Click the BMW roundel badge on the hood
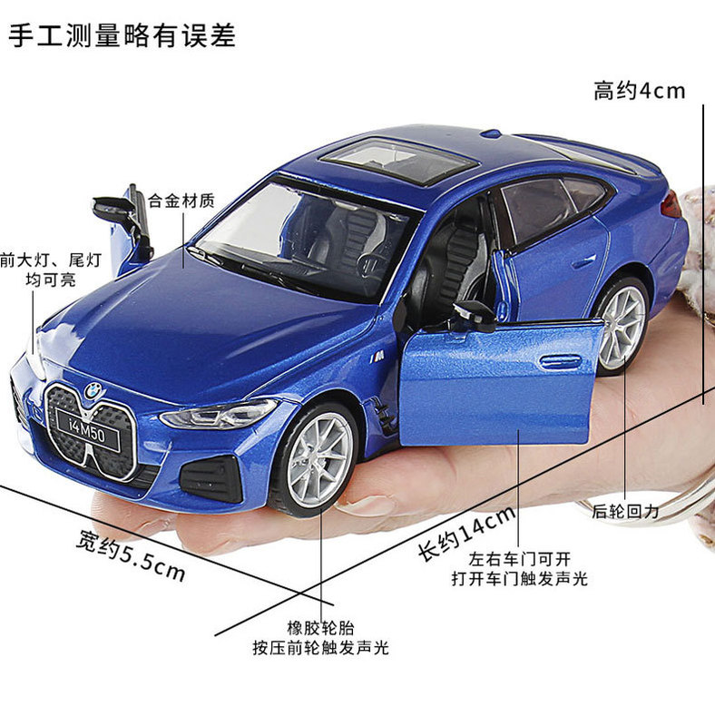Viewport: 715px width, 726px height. tap(94, 391)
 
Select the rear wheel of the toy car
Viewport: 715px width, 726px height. tap(622, 327)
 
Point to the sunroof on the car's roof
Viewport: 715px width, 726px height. tap(398, 160)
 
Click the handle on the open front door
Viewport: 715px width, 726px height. tap(560, 361)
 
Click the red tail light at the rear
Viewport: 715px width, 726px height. tap(671, 205)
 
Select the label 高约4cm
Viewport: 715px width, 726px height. tap(639, 91)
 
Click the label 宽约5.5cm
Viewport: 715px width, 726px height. tap(131, 555)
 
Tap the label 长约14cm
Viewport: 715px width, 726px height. tap(466, 534)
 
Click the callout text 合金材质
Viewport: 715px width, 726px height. tap(181, 201)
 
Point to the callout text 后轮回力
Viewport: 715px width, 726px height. tap(626, 512)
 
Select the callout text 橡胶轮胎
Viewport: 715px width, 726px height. tap(320, 628)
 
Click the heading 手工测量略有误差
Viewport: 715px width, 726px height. tap(122, 35)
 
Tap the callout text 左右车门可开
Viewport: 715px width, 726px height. tap(520, 559)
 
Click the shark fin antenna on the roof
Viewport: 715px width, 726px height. tap(491, 133)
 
